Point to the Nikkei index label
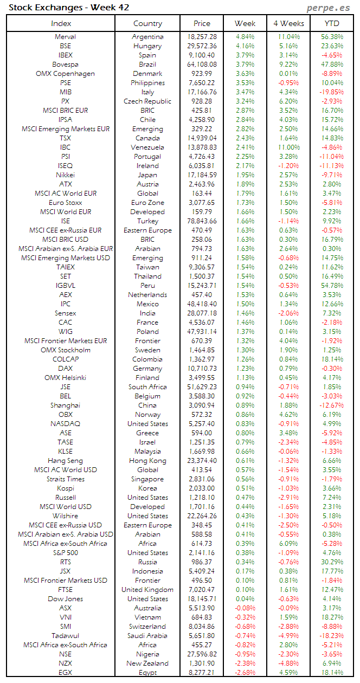point(65,175)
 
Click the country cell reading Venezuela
point(147,147)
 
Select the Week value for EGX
point(245,673)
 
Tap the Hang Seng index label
point(65,461)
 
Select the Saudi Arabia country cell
point(147,636)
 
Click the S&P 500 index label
point(65,553)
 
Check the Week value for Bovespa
point(245,65)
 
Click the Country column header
point(147,23)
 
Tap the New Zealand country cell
point(147,663)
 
